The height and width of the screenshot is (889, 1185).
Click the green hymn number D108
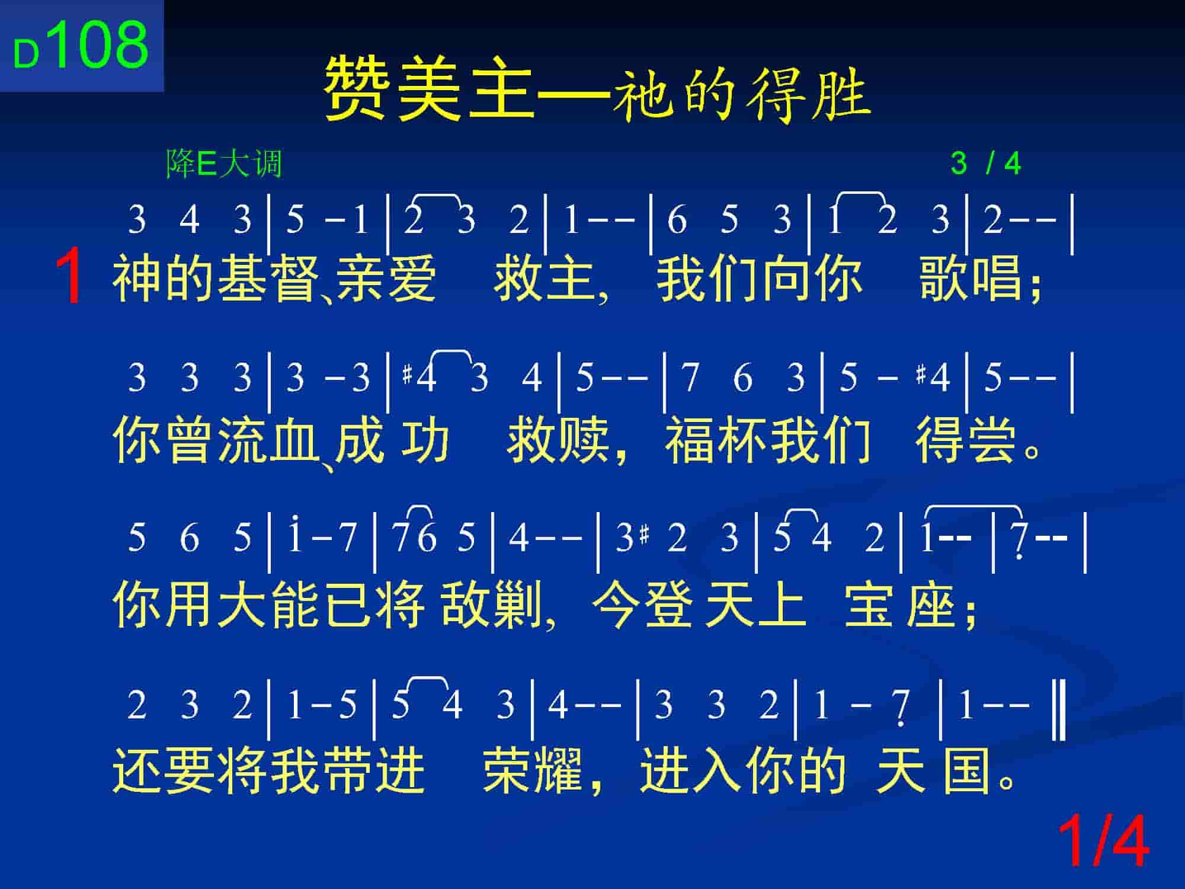[x=81, y=45]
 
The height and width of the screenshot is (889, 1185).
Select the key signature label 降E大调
[x=224, y=164]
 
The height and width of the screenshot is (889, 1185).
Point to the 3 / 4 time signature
[x=986, y=164]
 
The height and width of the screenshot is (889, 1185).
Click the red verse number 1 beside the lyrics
[x=69, y=276]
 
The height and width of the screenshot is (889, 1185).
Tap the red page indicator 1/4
[x=1103, y=842]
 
